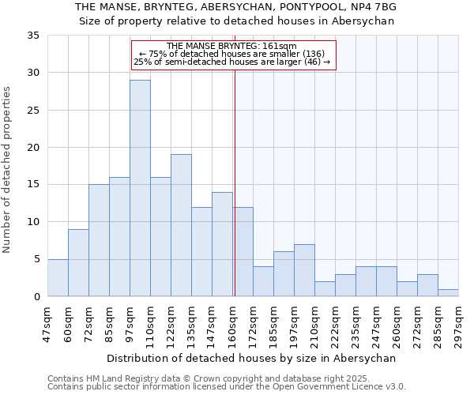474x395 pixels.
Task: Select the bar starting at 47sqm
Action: coord(58,277)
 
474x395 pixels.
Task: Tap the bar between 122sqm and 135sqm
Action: coord(181,225)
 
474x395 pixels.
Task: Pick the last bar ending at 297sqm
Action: coord(448,292)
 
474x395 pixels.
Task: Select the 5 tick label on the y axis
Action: coord(36,260)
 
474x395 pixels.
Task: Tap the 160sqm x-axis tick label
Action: coord(233,320)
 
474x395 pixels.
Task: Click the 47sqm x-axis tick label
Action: coord(48,320)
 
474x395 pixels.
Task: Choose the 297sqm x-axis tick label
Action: coord(459,320)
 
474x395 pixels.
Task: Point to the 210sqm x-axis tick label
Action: coord(315,320)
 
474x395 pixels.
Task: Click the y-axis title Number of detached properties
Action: coord(8,170)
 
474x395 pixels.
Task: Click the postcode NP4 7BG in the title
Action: coord(371,7)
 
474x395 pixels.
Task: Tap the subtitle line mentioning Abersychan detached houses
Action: coord(236,21)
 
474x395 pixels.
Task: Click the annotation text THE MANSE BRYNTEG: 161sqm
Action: coord(232,46)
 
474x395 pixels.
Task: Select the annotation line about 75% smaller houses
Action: coord(232,54)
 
